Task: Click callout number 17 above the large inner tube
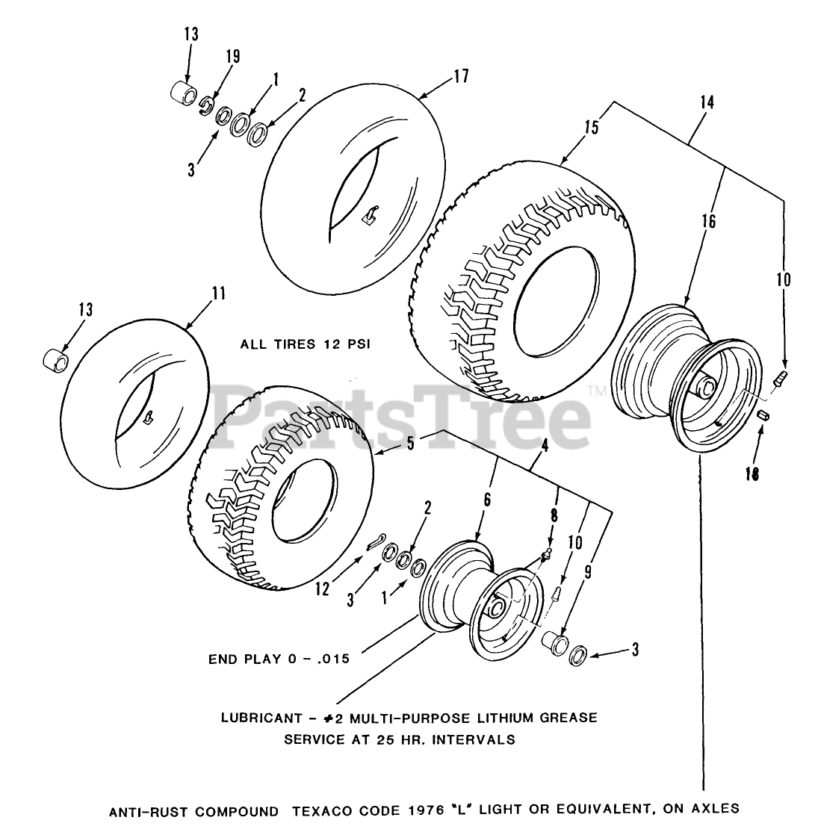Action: pos(460,76)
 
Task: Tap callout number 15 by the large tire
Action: pos(592,128)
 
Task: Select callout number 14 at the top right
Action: pos(707,102)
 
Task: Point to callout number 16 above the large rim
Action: pos(708,221)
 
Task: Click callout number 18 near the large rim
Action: pos(753,474)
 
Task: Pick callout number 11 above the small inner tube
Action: pos(217,294)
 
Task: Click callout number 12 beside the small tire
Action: pos(321,569)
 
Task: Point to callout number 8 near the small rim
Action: pos(553,514)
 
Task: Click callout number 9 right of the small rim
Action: pos(589,574)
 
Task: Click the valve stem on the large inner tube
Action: pos(367,217)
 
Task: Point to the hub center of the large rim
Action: pos(706,388)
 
